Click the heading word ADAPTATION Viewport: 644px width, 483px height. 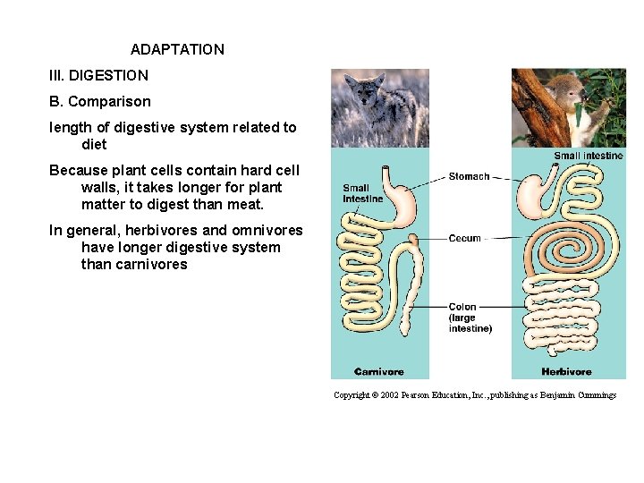click(177, 49)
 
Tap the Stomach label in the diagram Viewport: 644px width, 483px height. click(469, 176)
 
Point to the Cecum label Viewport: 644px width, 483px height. click(464, 239)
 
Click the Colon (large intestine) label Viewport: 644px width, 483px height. click(470, 318)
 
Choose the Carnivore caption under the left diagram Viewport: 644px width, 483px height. click(379, 371)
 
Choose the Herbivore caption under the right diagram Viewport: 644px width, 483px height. click(566, 371)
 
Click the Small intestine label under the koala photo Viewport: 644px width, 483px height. click(588, 156)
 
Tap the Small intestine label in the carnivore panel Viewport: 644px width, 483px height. click(362, 193)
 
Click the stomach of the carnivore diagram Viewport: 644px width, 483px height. click(402, 202)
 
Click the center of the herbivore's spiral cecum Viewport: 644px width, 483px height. click(572, 240)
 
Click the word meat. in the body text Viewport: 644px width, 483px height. click(245, 204)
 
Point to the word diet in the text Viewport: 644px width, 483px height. click(94, 144)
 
